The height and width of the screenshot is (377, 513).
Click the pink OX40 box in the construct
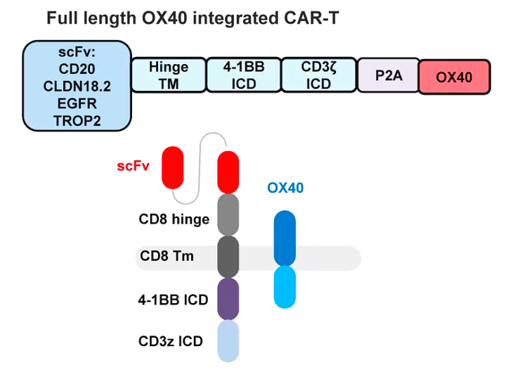455,77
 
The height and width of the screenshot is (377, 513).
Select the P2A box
389,75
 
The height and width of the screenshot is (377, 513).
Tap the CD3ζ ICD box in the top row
318,75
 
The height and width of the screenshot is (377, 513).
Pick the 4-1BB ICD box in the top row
244,75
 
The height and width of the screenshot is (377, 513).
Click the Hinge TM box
169,75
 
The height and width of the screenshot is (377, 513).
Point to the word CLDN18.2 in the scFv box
77,87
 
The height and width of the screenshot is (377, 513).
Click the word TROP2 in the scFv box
77,121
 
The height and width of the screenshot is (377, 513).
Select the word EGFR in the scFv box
77,103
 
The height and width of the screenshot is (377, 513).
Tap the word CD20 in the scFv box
77,69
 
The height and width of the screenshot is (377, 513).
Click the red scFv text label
133,166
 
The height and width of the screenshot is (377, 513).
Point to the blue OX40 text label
285,188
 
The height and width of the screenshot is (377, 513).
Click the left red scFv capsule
173,167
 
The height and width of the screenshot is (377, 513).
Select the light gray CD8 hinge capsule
228,215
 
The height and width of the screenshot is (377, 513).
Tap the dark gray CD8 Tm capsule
228,257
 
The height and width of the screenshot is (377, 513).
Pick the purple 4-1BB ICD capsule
228,299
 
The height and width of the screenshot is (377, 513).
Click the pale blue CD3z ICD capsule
228,341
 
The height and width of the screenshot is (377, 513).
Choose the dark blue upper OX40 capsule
285,238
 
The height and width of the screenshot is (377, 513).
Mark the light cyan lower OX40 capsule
285,287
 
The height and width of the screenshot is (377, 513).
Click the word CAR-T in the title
311,18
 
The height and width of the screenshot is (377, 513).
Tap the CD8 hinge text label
174,219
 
